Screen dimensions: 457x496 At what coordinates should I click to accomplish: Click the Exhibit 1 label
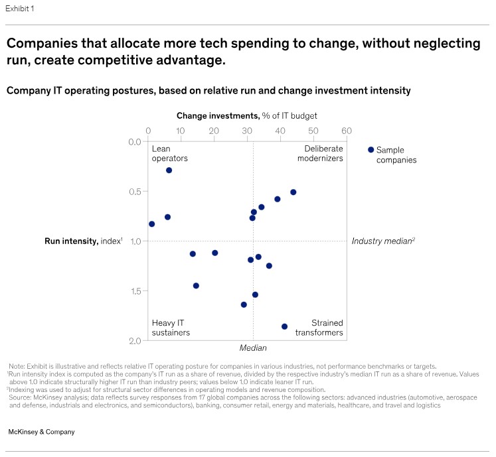tap(21, 9)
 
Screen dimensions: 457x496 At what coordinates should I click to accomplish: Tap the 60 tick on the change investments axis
tap(346, 131)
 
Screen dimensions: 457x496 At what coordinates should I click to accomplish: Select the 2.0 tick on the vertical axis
tap(134, 340)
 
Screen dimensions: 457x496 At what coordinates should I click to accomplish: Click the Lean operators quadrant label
tap(169, 154)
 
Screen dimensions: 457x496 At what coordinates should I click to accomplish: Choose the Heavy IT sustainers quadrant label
tap(171, 328)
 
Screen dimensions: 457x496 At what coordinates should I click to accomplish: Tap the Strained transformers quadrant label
tap(319, 328)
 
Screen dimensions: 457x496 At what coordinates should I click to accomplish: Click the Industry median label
tap(382, 241)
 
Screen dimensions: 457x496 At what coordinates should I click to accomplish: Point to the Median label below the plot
tap(252, 348)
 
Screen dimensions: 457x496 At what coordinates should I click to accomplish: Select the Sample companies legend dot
tap(371, 150)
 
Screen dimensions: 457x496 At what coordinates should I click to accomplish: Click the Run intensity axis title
tap(83, 241)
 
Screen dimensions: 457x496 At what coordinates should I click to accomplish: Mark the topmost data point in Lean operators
tap(169, 170)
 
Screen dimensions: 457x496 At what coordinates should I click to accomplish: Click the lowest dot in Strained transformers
tap(284, 326)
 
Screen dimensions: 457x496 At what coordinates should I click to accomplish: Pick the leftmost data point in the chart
tap(152, 224)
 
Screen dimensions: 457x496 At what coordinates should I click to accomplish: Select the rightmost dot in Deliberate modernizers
tap(293, 192)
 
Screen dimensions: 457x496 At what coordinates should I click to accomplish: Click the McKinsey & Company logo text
tap(41, 432)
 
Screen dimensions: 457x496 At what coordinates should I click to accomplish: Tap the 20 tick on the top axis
tap(214, 131)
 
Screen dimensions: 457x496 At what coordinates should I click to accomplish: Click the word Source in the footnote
tap(22, 390)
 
